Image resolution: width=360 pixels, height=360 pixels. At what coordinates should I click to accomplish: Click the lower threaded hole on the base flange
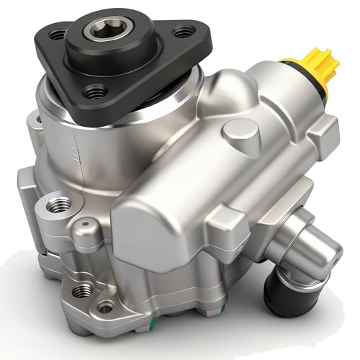(83, 289)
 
